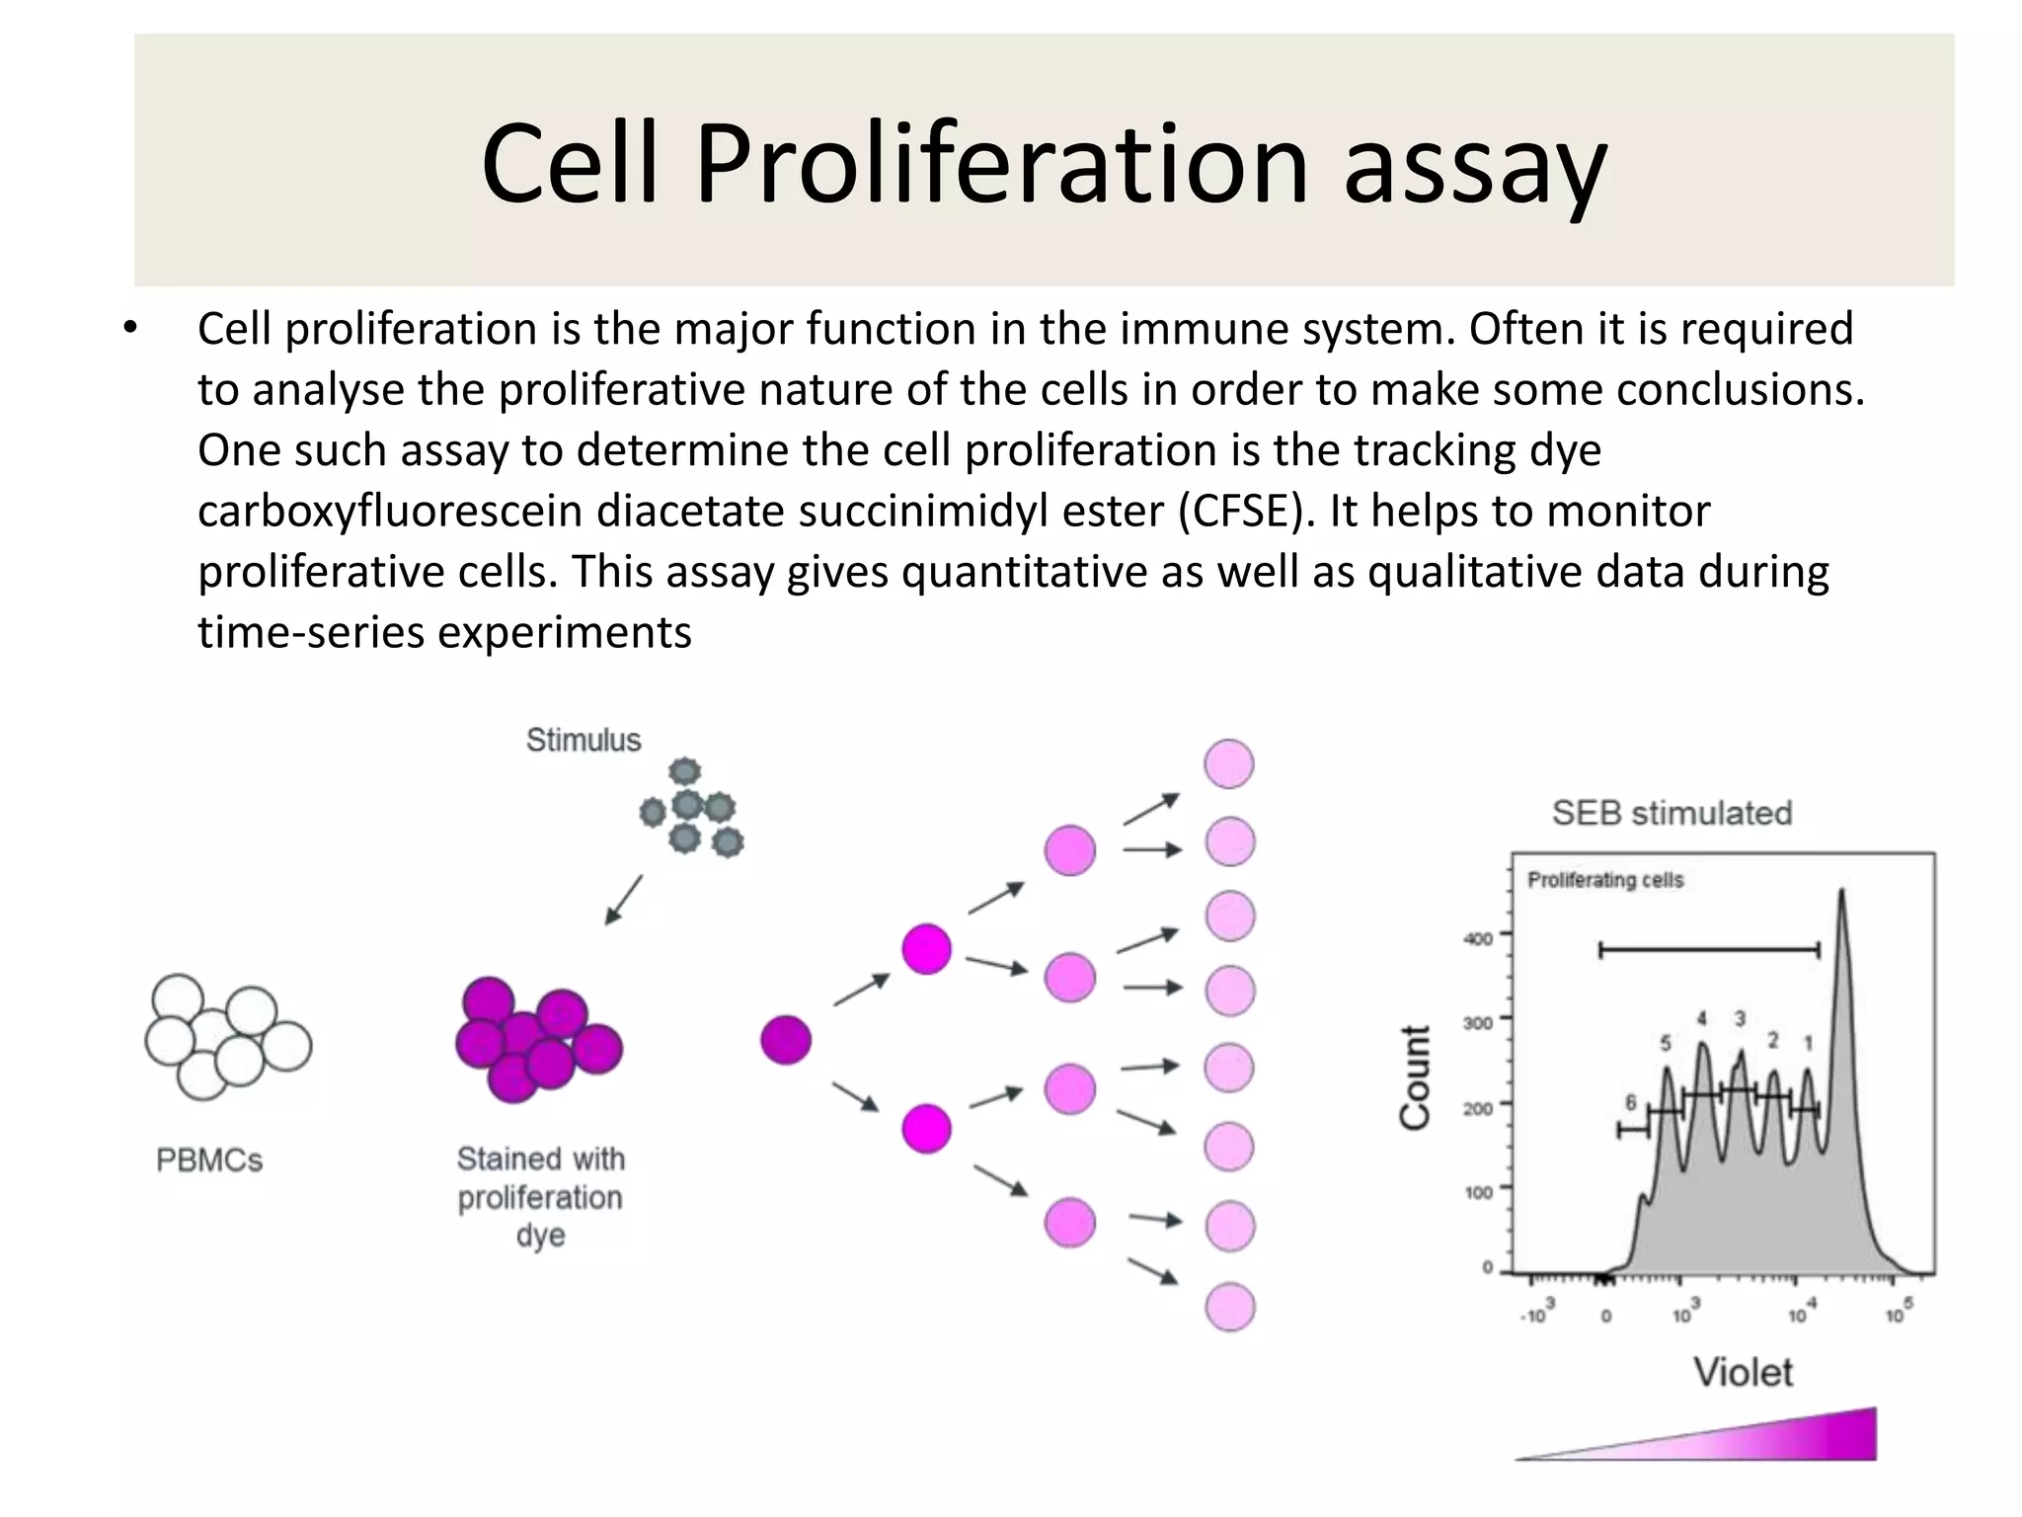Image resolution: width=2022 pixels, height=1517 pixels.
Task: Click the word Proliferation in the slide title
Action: (1001, 163)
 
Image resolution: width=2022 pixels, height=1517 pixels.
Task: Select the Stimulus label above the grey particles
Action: (583, 740)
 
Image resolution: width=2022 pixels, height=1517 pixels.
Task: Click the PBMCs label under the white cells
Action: (209, 1159)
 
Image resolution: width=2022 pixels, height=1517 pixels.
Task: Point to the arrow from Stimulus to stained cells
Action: (623, 900)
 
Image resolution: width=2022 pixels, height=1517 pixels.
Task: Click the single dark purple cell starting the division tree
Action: (786, 1040)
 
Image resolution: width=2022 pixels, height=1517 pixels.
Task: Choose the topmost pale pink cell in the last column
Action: (1229, 763)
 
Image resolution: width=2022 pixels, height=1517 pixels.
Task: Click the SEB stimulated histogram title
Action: (1672, 813)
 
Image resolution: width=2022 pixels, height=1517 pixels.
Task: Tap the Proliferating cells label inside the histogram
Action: (1605, 880)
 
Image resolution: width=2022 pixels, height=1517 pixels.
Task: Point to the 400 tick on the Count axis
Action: (1478, 938)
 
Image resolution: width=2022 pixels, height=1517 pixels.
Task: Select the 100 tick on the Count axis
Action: (1478, 1192)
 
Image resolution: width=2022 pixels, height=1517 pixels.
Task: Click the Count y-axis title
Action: (1415, 1078)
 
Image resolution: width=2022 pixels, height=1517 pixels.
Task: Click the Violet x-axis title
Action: (1743, 1372)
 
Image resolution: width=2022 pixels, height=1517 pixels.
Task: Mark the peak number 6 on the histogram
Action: (1631, 1102)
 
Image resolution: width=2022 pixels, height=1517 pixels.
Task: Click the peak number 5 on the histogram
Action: (1666, 1043)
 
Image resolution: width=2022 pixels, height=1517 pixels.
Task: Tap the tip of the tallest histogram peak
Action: (1841, 892)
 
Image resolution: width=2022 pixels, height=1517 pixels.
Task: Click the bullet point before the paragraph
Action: (130, 329)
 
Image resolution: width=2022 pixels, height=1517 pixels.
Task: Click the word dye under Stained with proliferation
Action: (540, 1236)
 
